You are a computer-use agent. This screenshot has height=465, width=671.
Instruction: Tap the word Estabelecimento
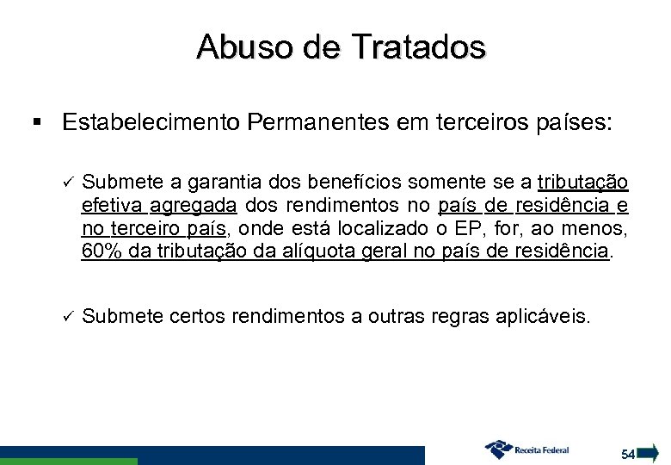tap(151, 123)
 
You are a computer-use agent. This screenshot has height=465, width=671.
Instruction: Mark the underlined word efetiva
tap(113, 207)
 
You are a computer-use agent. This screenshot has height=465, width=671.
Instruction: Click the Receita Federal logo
tap(528, 449)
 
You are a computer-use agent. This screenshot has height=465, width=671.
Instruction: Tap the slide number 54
tap(628, 453)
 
